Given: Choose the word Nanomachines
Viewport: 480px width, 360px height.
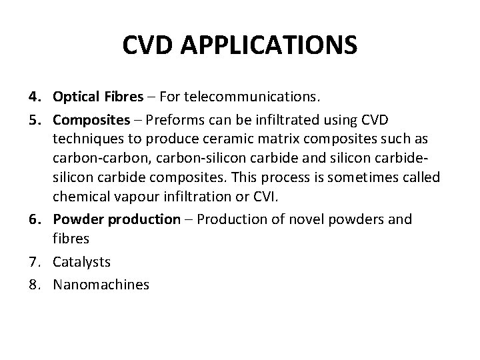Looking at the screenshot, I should [101, 284].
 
